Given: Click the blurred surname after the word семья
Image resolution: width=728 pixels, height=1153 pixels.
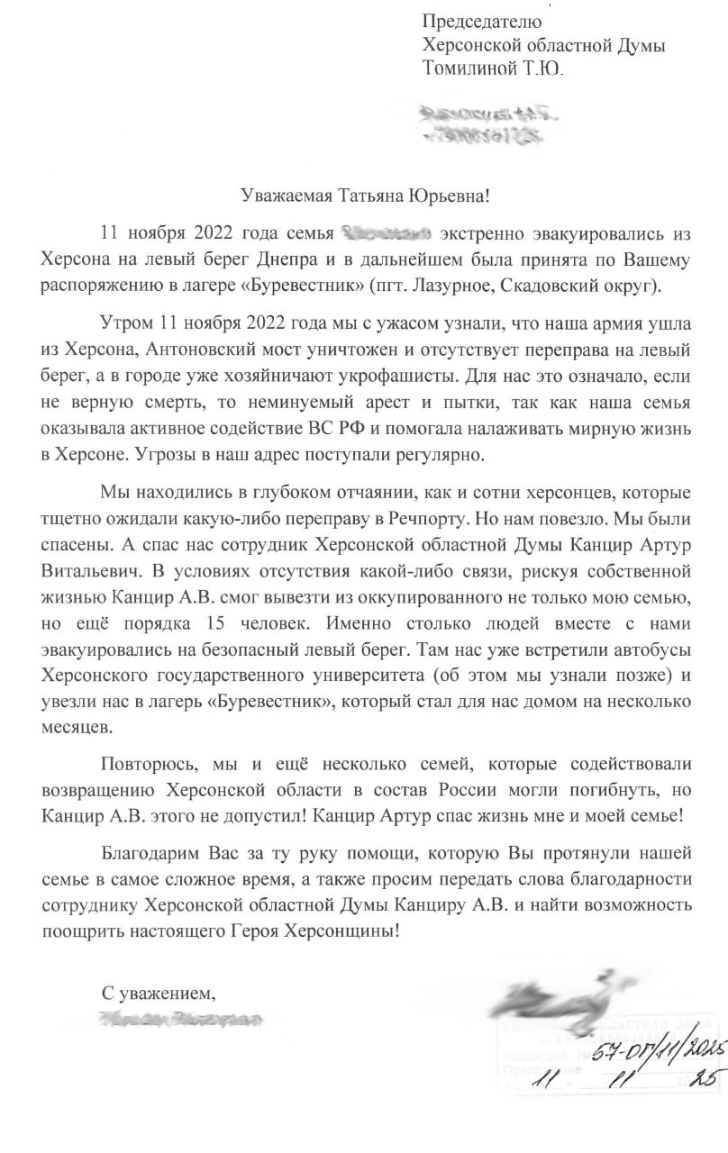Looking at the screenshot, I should coord(389,235).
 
